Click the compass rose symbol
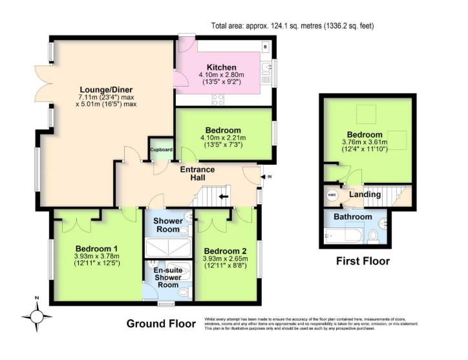[x=37, y=316]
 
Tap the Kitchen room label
[x=221, y=67]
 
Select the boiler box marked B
[x=265, y=47]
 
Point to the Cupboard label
[x=162, y=150]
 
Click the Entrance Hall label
[x=197, y=173]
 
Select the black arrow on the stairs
[x=224, y=196]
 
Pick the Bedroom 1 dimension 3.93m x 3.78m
[x=97, y=256]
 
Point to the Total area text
[x=293, y=26]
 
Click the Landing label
[x=365, y=194]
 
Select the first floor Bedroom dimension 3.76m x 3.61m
[x=365, y=142]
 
